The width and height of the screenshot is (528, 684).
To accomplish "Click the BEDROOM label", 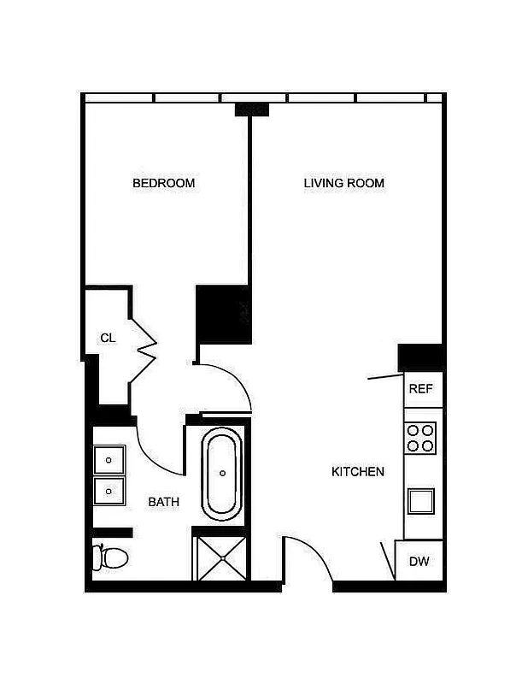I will pos(163,183).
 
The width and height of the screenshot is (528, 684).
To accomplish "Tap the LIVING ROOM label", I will pos(344,183).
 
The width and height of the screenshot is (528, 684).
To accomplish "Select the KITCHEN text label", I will pos(358,471).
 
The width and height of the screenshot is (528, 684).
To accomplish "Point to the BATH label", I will pos(164,502).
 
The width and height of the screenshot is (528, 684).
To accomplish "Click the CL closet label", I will pos(108,338).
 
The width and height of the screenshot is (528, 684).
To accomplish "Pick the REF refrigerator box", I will pos(422,389).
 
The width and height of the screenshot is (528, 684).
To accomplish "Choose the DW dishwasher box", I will pos(419,562).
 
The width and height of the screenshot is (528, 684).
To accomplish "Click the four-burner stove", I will pos(420,437).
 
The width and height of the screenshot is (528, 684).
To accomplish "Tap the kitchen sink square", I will pos(421,500).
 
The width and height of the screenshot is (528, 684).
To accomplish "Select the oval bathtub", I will pos(222,473).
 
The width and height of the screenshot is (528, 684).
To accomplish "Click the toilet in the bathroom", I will pos(110,558).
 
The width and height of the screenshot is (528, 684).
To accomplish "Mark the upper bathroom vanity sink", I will pos(109,460).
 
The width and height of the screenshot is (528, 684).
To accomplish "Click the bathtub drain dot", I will pos(222,473).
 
